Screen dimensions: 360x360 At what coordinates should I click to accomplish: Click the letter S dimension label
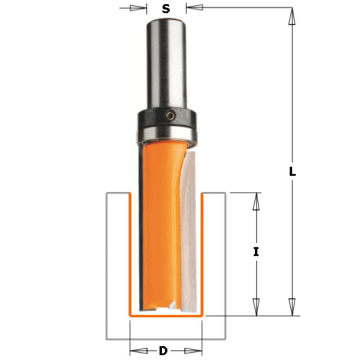[x=166, y=8]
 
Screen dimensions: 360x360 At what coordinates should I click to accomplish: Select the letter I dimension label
[x=256, y=252]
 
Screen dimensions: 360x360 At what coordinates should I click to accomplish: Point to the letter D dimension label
[x=163, y=350]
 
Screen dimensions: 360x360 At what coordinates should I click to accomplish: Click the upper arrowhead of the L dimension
[x=292, y=16]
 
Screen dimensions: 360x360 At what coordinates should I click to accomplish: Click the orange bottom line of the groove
[x=166, y=316]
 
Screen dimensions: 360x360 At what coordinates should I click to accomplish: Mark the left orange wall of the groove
[x=130, y=252]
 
